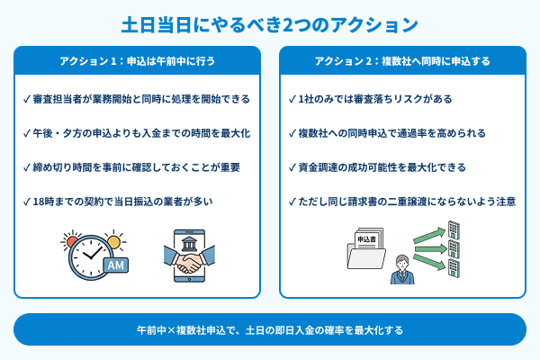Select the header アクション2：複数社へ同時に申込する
tap(402, 61)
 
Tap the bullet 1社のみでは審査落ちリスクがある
tap(369, 98)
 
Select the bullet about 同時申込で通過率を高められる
tap(386, 132)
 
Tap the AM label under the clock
tap(115, 265)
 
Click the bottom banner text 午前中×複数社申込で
tap(270, 330)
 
